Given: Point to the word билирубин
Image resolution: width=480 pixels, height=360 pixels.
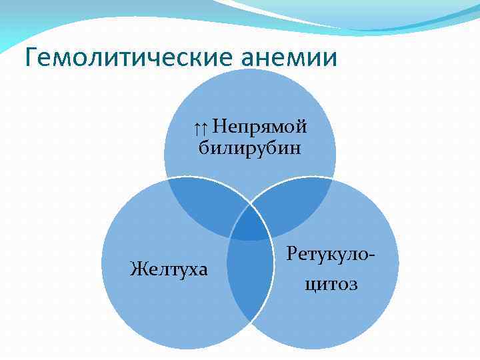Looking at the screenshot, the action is [x=250, y=147].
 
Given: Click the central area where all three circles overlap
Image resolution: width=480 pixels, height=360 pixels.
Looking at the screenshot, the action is [x=251, y=223].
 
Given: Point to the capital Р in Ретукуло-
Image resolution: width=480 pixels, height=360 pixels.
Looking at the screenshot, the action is [x=293, y=253].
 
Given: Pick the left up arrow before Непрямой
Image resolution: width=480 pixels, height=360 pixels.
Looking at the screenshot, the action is [x=199, y=127].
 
